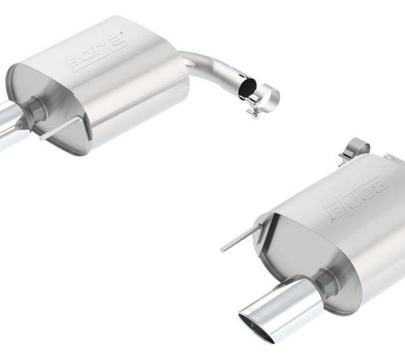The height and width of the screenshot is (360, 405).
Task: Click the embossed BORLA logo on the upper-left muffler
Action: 99,53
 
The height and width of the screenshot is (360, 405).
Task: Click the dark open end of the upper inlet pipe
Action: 247,88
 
